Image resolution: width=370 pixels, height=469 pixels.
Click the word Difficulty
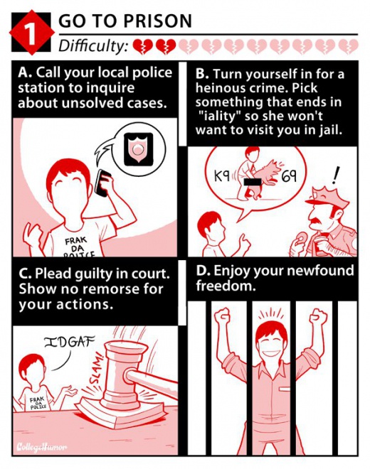point(93,46)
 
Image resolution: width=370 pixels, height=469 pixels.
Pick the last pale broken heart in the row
point(348,47)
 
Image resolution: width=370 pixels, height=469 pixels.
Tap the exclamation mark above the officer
point(335,176)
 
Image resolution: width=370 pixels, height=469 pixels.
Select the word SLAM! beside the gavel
point(97,370)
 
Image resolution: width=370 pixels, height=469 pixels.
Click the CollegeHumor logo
point(41,448)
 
